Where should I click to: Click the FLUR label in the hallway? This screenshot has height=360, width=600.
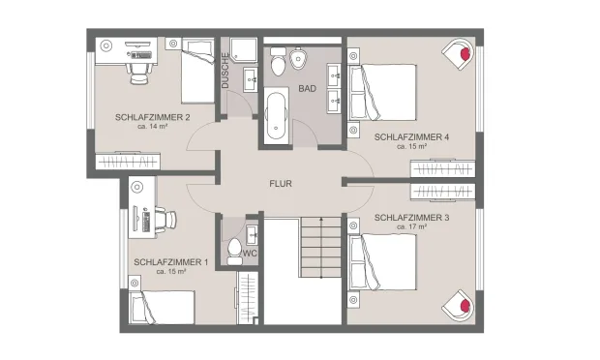pyautogui.click(x=281, y=184)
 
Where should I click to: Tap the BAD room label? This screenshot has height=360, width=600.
pyautogui.click(x=308, y=89)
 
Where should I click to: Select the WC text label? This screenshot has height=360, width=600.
pyautogui.click(x=250, y=254)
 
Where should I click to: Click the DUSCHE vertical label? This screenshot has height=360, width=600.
pyautogui.click(x=225, y=71)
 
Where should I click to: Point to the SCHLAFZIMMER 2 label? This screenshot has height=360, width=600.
pyautogui.click(x=152, y=117)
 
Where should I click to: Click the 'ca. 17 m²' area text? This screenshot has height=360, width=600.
pyautogui.click(x=411, y=226)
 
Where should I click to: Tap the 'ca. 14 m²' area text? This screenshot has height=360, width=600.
pyautogui.click(x=152, y=126)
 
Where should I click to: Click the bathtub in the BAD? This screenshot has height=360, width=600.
pyautogui.click(x=276, y=115)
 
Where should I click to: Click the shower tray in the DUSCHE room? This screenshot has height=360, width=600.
pyautogui.click(x=243, y=49)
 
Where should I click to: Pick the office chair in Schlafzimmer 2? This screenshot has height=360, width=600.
pyautogui.click(x=137, y=74)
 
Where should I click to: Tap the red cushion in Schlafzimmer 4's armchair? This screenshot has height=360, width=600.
pyautogui.click(x=465, y=53)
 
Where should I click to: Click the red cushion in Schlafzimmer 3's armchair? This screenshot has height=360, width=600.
pyautogui.click(x=465, y=305)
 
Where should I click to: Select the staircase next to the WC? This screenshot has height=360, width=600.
pyautogui.click(x=320, y=247)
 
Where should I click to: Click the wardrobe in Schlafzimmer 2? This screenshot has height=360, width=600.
pyautogui.click(x=128, y=162)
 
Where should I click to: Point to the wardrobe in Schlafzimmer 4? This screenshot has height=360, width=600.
pyautogui.click(x=442, y=168)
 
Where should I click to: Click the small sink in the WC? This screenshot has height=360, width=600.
pyautogui.click(x=252, y=234)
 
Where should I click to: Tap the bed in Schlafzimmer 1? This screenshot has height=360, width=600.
pyautogui.click(x=162, y=307)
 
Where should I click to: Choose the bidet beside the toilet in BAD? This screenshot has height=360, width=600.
pyautogui.click(x=298, y=58)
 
